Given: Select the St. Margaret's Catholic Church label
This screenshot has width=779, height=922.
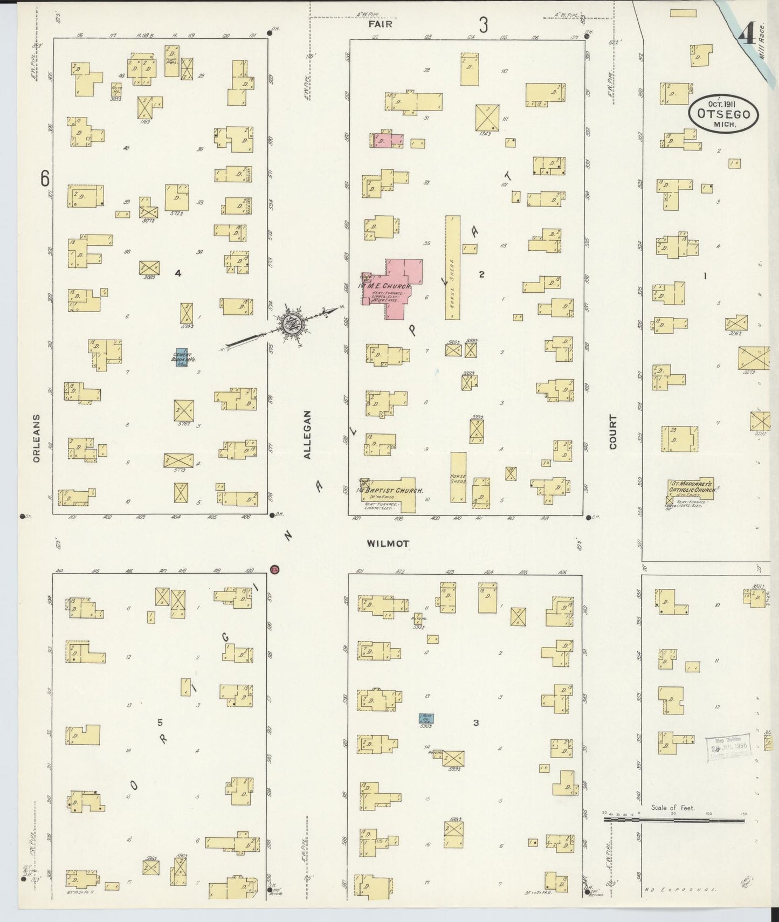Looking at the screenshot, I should pos(693,486).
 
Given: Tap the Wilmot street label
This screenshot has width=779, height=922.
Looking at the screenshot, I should pos(388,543).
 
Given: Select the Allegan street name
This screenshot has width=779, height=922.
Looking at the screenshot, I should pos(307,435).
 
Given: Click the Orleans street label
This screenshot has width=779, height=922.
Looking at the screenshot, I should pos(36,438).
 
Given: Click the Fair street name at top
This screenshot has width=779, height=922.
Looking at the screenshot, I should pos(380,24).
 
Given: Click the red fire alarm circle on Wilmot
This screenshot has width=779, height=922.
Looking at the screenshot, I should pos(274,569).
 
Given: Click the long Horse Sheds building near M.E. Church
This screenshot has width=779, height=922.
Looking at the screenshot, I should pos(452,267).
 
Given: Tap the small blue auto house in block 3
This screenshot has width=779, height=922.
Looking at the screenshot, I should pos(426,718).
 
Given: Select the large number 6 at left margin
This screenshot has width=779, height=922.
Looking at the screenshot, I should pos(45,177).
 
